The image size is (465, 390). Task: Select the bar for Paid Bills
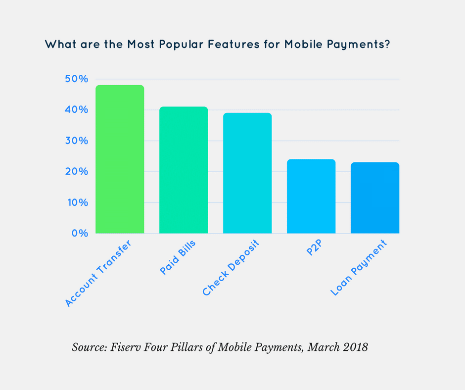coord(184,170)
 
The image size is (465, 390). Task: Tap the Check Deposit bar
coord(247,173)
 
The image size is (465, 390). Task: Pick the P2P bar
coord(311,196)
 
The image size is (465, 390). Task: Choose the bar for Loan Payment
coord(375,198)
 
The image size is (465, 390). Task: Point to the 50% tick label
coord(76,79)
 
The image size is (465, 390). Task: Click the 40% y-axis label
coord(76,110)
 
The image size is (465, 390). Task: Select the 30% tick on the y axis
coord(76,141)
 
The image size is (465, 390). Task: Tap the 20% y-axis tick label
coord(76,172)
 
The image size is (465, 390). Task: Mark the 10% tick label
coord(76,202)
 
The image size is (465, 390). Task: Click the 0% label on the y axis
coord(79,233)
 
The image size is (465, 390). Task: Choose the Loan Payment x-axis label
coord(359,267)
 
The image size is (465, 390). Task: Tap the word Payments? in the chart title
coord(355,45)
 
